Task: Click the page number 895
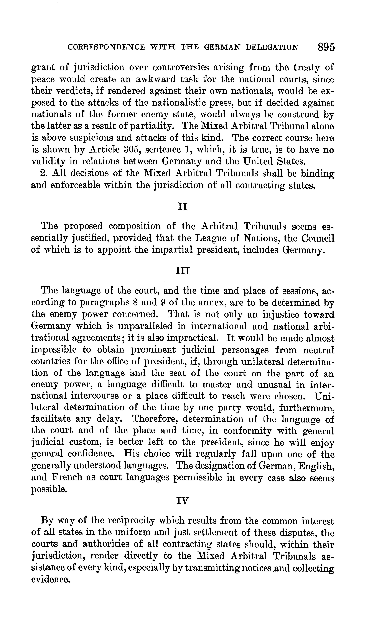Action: [326, 47]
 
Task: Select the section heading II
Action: [183, 207]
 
